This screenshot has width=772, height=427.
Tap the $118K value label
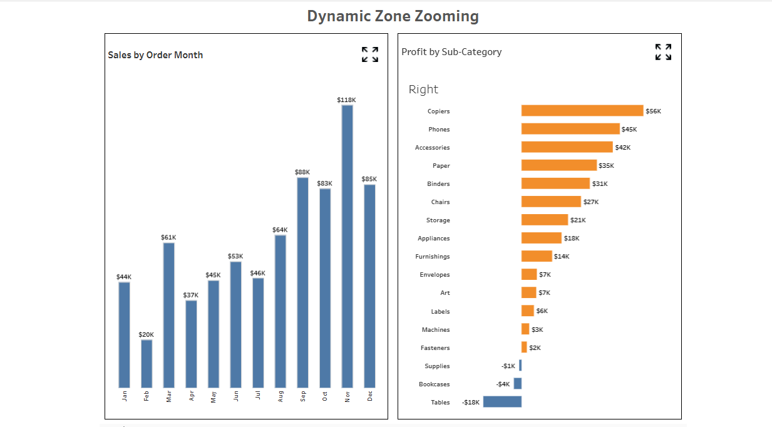(346, 100)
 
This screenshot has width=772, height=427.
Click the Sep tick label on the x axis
(303, 396)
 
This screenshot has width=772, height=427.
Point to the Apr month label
(192, 396)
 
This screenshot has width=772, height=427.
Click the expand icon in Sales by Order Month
(370, 54)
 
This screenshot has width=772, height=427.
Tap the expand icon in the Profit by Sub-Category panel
(663, 52)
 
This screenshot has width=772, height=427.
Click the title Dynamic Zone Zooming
(393, 16)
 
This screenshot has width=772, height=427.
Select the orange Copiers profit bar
(582, 111)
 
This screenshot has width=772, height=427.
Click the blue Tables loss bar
(502, 402)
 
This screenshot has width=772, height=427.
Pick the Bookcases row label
(434, 384)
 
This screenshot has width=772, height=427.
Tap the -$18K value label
(471, 402)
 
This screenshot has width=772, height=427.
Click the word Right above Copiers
(423, 90)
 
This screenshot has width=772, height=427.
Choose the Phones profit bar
(570, 129)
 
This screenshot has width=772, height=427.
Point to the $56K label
(653, 111)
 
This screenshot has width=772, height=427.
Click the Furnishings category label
(432, 256)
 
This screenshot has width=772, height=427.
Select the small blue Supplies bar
(520, 366)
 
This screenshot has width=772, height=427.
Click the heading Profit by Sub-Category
(451, 52)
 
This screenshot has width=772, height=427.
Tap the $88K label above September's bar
(302, 172)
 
